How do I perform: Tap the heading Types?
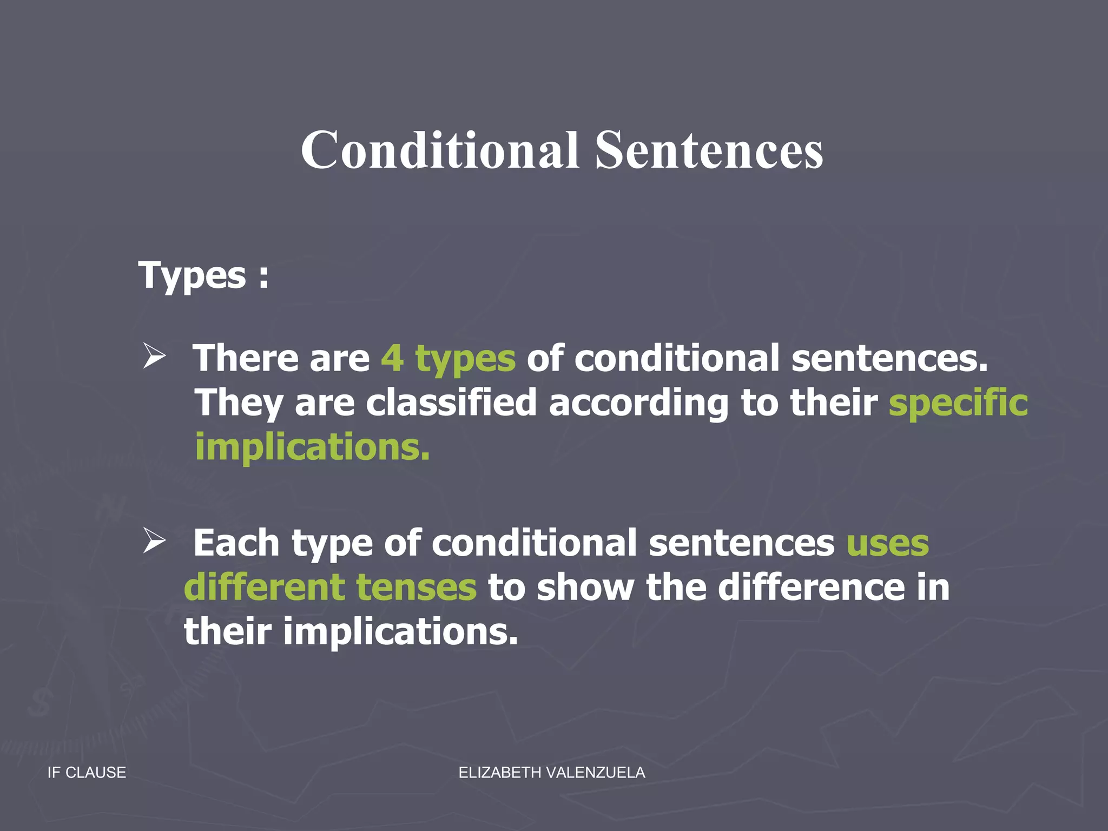pos(193,276)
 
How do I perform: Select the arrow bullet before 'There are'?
pos(154,357)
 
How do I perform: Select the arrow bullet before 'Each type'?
pos(154,540)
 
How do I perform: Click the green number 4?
pos(392,358)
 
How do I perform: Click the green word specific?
pos(958,403)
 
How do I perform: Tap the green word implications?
pos(312,447)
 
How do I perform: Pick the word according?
pos(638,403)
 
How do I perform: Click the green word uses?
pos(888,543)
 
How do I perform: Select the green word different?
pos(265,588)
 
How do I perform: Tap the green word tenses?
pos(417,588)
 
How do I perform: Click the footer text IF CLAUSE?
pos(87,773)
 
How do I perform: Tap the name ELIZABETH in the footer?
pos(499,773)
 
